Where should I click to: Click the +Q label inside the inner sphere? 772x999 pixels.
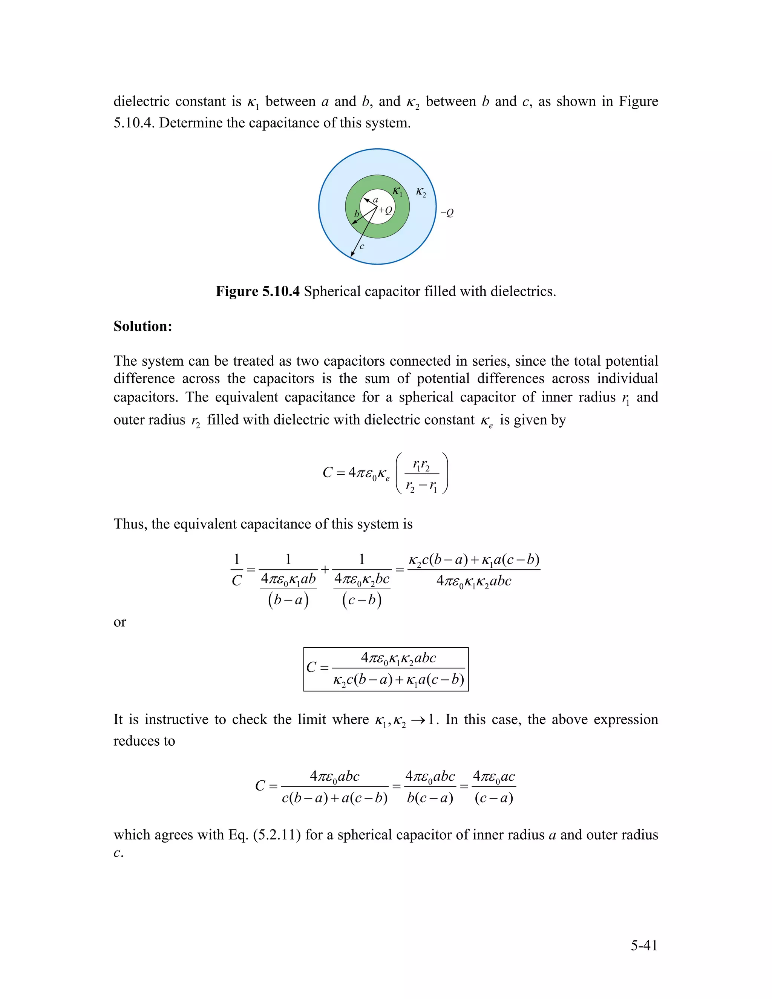386,210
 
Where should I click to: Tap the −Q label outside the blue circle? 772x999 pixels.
447,213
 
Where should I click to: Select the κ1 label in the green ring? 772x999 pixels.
397,192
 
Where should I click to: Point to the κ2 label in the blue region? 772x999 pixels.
421,192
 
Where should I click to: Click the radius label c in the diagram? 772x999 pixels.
362,247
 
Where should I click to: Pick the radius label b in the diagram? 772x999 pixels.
357,214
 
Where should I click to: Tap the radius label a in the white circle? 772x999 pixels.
375,200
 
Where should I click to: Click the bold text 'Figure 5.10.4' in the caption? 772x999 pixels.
257,291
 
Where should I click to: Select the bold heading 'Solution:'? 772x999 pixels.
143,326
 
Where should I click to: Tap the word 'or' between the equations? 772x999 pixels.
119,622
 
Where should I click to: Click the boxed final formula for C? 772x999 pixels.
386,669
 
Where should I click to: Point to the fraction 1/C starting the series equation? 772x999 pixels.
236,570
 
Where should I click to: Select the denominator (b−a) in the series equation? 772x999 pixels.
288,599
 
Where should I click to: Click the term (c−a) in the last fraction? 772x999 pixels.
494,798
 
